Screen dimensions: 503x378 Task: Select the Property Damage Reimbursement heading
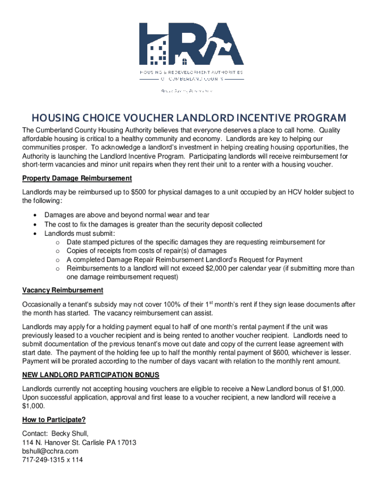coord(77,178)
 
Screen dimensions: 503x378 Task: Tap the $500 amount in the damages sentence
coord(135,192)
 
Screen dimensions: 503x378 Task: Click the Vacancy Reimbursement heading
coord(62,290)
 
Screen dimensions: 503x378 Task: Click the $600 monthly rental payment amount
coord(282,353)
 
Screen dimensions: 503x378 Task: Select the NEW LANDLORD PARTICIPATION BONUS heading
coord(91,375)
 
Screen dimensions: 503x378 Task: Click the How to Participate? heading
coord(54,420)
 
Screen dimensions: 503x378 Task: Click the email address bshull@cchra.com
coord(50,451)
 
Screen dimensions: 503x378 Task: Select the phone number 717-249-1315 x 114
coord(53,460)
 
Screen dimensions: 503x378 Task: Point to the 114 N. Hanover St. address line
coord(79,443)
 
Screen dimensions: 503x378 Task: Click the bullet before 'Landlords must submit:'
coord(35,233)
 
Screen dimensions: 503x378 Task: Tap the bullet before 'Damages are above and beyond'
coord(35,215)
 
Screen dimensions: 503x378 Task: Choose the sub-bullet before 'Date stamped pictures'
coord(57,242)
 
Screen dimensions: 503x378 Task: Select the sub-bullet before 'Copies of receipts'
coord(57,251)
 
